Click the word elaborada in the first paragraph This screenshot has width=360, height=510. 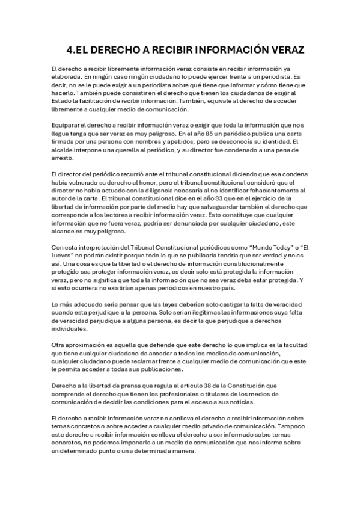(x=66, y=77)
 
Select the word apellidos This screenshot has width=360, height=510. (x=169, y=140)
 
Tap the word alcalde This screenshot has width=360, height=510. (x=63, y=149)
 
